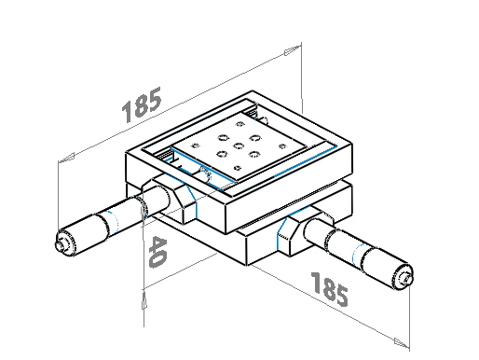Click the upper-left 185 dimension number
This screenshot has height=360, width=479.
pyautogui.click(x=142, y=104)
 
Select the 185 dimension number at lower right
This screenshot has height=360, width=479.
pyautogui.click(x=330, y=289)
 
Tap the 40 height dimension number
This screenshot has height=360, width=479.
pyautogui.click(x=157, y=252)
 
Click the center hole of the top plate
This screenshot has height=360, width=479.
pyautogui.click(x=239, y=145)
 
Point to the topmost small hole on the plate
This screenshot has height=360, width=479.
pyautogui.click(x=239, y=124)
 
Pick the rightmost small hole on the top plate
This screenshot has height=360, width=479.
pyautogui.click(x=282, y=146)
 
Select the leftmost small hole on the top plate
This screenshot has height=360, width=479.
pyautogui.click(x=196, y=145)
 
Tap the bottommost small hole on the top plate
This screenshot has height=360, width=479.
pyautogui.click(x=238, y=168)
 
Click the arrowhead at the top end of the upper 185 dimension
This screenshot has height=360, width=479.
pyautogui.click(x=293, y=50)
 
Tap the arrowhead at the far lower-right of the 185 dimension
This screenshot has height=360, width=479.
pyautogui.click(x=402, y=342)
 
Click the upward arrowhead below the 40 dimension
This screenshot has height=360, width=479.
pyautogui.click(x=144, y=300)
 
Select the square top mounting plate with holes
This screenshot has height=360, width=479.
pyautogui.click(x=239, y=146)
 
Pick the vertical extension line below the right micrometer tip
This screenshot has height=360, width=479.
pyautogui.click(x=409, y=318)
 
